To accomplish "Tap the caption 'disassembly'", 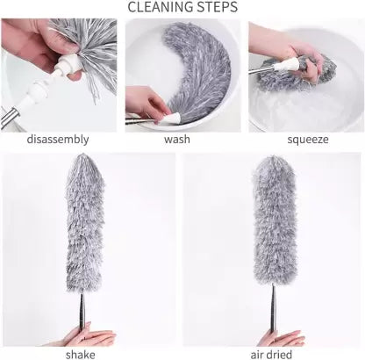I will (58, 140).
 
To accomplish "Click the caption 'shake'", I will (86, 354).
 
